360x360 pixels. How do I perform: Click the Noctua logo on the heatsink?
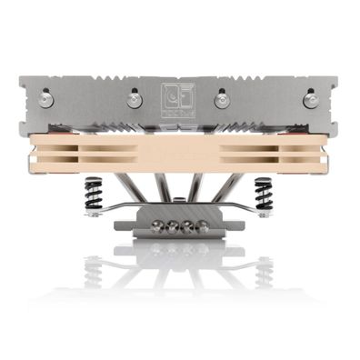point(179,94)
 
